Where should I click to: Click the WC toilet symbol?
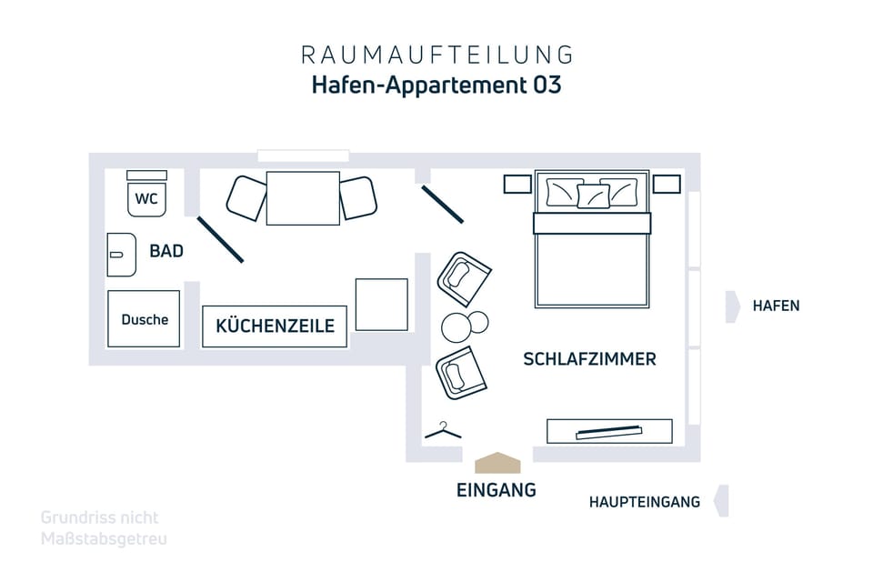pos(146,194)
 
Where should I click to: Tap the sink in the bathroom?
pos(121,255)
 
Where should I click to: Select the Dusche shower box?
pos(144,319)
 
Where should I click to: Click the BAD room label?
pos(166,251)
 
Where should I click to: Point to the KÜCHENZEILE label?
pos(275,326)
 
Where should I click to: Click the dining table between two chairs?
pos(303,198)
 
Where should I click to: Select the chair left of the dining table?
pos(246,198)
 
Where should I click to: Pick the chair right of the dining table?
pos(358,197)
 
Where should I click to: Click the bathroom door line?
pos(220,239)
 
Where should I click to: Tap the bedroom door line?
pos(443,205)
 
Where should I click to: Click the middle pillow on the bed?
pos(593,196)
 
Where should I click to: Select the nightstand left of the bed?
pos(517,184)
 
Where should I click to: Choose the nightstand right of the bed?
pos(667,184)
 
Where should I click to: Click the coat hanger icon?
pos(443,430)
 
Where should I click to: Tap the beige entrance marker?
pos(497,463)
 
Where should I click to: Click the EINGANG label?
pos(497,490)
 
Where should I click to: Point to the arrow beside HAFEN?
pos(733,306)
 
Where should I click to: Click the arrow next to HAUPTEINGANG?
pos(721,501)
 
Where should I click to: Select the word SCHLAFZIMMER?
pos(589,359)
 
